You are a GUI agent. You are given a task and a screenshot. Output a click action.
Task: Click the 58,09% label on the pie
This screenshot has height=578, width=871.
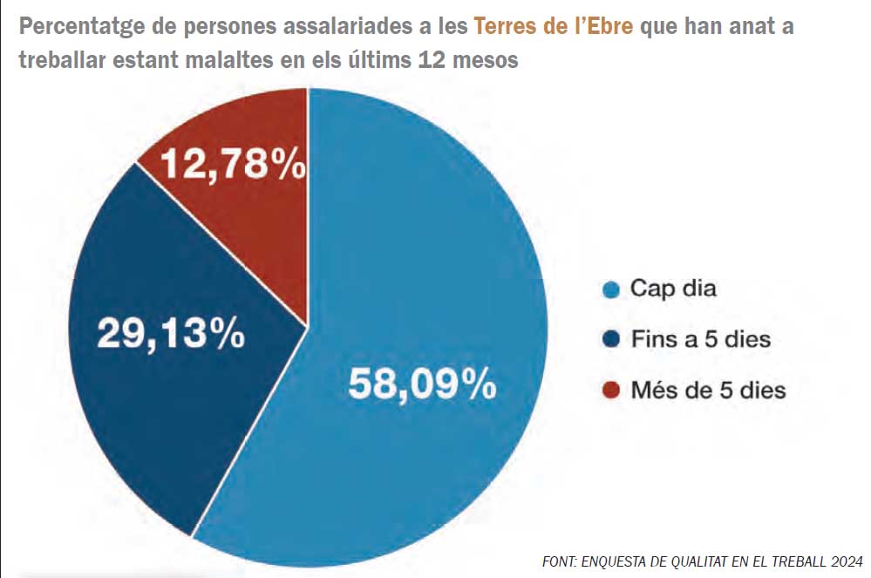coord(422,384)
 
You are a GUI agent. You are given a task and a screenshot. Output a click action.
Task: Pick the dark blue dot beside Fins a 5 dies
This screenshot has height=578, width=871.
coord(612,340)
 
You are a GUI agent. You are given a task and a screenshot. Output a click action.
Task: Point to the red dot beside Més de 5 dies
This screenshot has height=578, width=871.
coord(612,391)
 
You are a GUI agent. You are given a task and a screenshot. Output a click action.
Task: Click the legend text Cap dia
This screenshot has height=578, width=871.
coord(673,289)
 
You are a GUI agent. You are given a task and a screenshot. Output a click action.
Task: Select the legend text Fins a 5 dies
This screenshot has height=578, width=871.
coord(701,339)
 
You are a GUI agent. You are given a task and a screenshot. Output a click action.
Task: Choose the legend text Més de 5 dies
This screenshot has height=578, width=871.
coord(708,390)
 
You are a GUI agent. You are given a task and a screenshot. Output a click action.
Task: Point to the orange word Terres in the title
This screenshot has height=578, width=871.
coord(503,26)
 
